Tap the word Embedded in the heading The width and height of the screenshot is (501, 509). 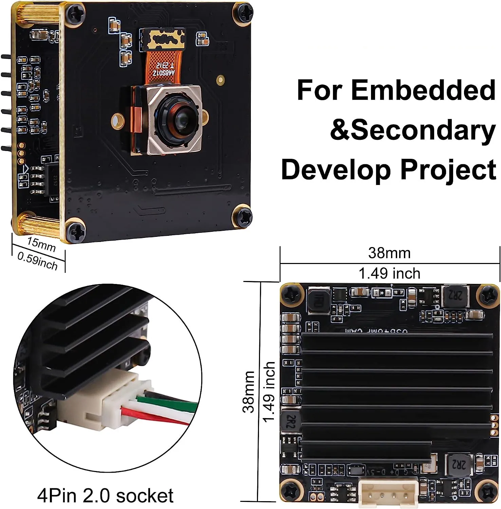tap(423, 90)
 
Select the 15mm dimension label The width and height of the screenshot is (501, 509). tap(41, 244)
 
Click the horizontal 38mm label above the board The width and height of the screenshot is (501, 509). tap(389, 253)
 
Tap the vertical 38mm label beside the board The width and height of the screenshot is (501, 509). tap(249, 392)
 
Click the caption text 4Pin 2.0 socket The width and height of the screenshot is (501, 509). tap(105, 496)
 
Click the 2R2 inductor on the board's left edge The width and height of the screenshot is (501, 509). tap(291, 421)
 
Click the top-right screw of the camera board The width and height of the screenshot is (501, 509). tap(243, 14)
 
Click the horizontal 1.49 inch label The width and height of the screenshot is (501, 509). tap(389, 274)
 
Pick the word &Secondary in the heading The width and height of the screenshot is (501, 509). tap(413, 130)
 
